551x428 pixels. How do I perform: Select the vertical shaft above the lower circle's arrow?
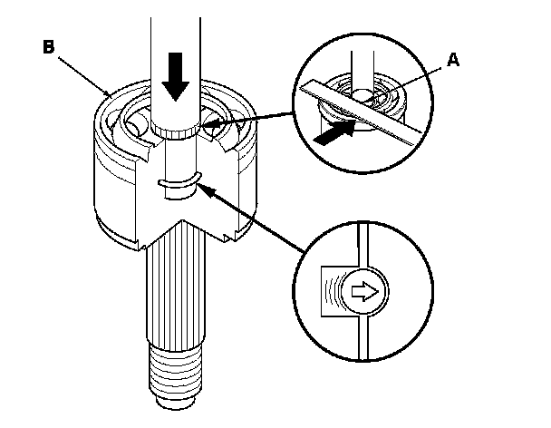pyautogui.click(x=362, y=245)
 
